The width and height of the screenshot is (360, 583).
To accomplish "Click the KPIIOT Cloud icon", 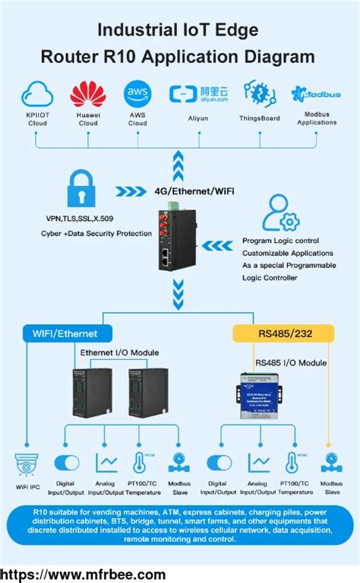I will [37, 95].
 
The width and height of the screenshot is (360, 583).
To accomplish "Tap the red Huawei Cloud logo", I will [88, 95].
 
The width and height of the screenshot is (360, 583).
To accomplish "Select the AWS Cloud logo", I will [137, 93].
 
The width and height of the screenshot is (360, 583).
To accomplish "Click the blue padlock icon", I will [84, 188].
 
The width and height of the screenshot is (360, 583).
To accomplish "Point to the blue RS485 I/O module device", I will [263, 393].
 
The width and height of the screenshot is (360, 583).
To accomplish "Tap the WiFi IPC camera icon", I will [28, 464].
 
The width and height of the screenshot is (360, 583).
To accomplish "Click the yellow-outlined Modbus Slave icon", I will [329, 462].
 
